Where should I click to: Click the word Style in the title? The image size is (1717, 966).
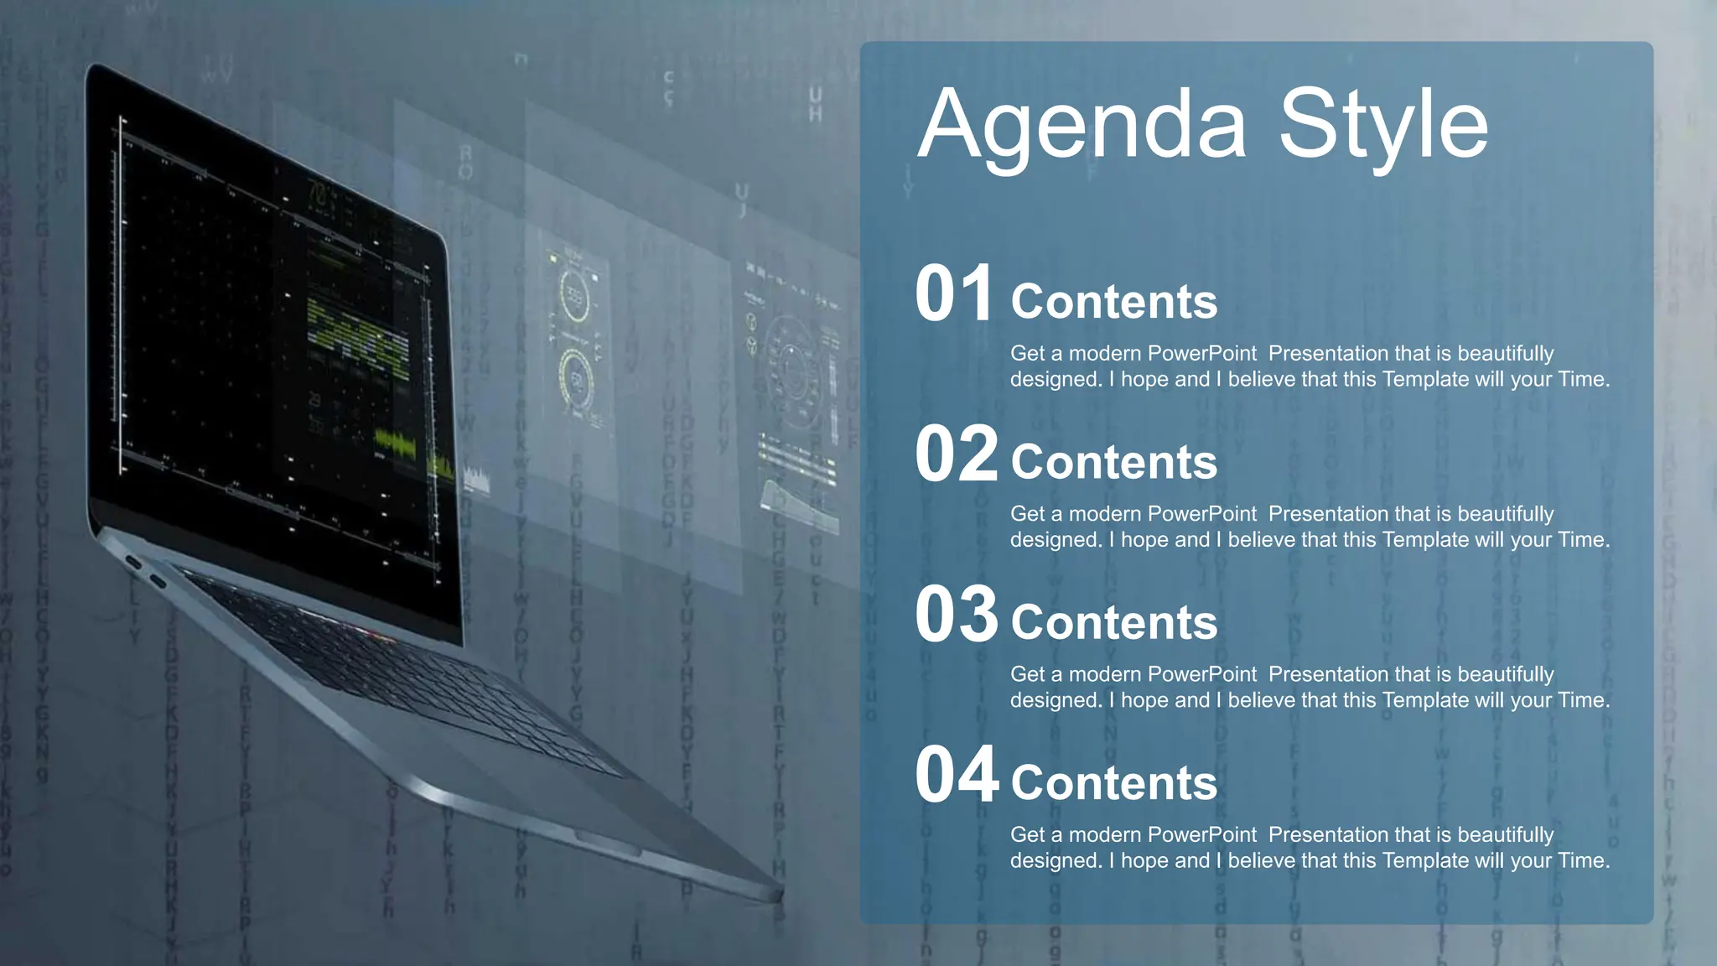1383,126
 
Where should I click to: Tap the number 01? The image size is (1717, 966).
954,294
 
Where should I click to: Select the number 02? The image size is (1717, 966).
956,454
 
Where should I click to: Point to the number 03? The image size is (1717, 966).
956,615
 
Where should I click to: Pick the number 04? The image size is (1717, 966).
956,775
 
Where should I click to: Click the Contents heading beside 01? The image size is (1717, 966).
1113,302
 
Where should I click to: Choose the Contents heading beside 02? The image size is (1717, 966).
1113,462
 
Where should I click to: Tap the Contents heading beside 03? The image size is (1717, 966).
1113,622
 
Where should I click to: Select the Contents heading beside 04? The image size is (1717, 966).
1113,782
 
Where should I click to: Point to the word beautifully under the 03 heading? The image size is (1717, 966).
1506,674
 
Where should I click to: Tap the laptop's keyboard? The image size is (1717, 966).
402,671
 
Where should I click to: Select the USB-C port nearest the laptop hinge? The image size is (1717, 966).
133,562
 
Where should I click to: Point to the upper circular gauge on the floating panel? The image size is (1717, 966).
575,294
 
